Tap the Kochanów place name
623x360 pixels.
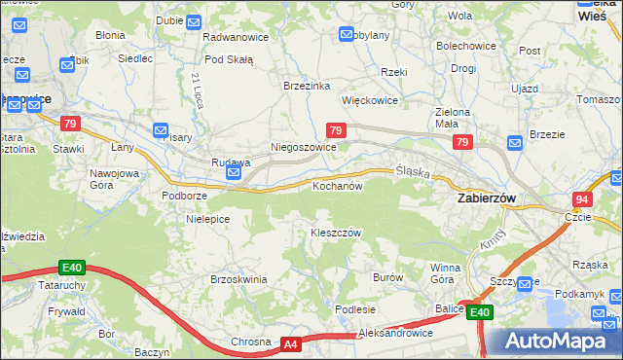coord(338,185)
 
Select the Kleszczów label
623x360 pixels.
coord(336,234)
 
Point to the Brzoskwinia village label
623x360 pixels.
coord(238,279)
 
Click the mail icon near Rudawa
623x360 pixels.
coord(234,173)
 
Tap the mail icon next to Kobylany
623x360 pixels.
coord(348,35)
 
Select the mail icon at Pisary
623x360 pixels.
coord(162,130)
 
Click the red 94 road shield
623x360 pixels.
coord(581,198)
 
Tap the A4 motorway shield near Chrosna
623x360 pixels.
coord(290,343)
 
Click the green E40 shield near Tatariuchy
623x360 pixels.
coord(70,267)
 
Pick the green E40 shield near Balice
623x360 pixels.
coord(478,312)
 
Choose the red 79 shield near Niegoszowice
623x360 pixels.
coord(335,130)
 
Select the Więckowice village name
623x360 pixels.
coord(370,100)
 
